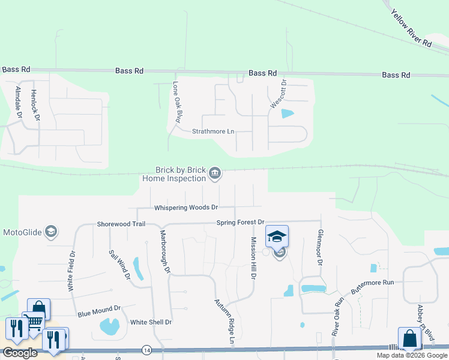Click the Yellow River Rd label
411,29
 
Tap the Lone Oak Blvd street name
177,102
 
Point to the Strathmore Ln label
213,131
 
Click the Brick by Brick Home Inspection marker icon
215,175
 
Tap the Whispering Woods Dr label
186,208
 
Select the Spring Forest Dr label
241,223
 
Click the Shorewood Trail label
121,224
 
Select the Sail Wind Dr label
119,265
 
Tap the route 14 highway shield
146,349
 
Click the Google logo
20,353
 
